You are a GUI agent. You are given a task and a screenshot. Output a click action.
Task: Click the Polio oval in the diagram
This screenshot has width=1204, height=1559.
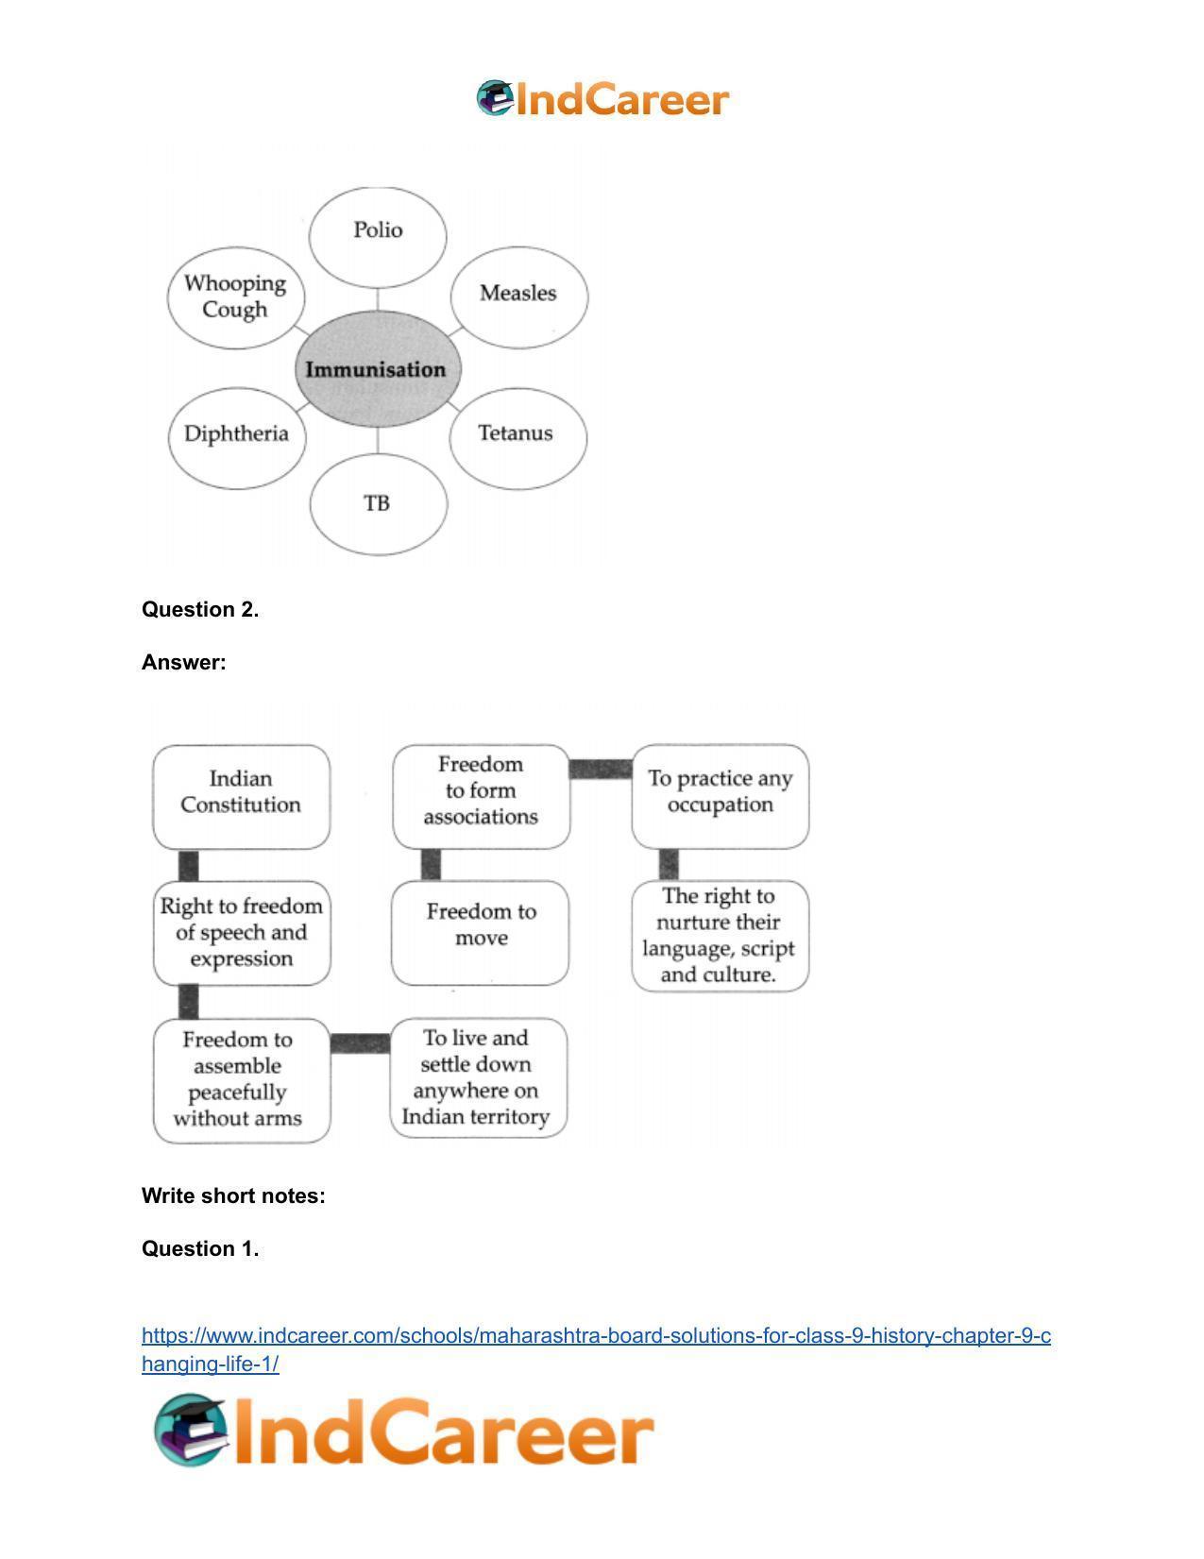tap(378, 237)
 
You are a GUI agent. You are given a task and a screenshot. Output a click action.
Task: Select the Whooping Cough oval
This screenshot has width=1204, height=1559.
tap(236, 297)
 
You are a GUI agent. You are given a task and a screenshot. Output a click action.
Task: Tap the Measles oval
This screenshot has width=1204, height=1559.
tap(518, 297)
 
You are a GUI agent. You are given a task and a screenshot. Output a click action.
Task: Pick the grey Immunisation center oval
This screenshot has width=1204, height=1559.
tap(378, 369)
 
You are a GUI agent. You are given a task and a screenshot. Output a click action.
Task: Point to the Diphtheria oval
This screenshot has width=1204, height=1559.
tap(238, 438)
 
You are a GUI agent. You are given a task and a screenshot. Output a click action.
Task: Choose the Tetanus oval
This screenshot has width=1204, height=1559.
tap(518, 438)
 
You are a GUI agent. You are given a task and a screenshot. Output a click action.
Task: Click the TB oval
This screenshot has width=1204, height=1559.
tap(379, 504)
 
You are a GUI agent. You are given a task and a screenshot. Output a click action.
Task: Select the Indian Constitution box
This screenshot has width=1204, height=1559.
tap(241, 796)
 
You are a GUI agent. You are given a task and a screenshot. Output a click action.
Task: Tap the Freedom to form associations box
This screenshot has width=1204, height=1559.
tap(482, 796)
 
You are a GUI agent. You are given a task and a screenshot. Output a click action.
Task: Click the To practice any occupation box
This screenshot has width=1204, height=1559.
tap(721, 796)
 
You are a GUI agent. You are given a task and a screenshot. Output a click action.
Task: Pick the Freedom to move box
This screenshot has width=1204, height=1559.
tap(480, 933)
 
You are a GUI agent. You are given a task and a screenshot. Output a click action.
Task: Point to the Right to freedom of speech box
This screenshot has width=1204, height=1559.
tap(242, 933)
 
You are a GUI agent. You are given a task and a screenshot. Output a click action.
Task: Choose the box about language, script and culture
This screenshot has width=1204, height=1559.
tap(721, 936)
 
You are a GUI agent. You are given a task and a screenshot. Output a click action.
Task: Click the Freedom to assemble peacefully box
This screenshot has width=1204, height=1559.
tap(242, 1079)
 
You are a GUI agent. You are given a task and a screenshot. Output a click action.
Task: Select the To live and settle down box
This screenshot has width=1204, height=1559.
tap(479, 1077)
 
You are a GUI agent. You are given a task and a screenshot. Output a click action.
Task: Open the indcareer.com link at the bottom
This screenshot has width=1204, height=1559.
tap(596, 1348)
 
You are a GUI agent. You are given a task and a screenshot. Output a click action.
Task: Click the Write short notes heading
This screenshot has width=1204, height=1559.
tap(233, 1195)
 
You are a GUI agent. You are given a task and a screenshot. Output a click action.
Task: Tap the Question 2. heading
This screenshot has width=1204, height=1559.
tap(200, 609)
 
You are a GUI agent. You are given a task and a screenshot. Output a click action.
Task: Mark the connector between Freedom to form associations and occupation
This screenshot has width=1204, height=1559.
tap(602, 769)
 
